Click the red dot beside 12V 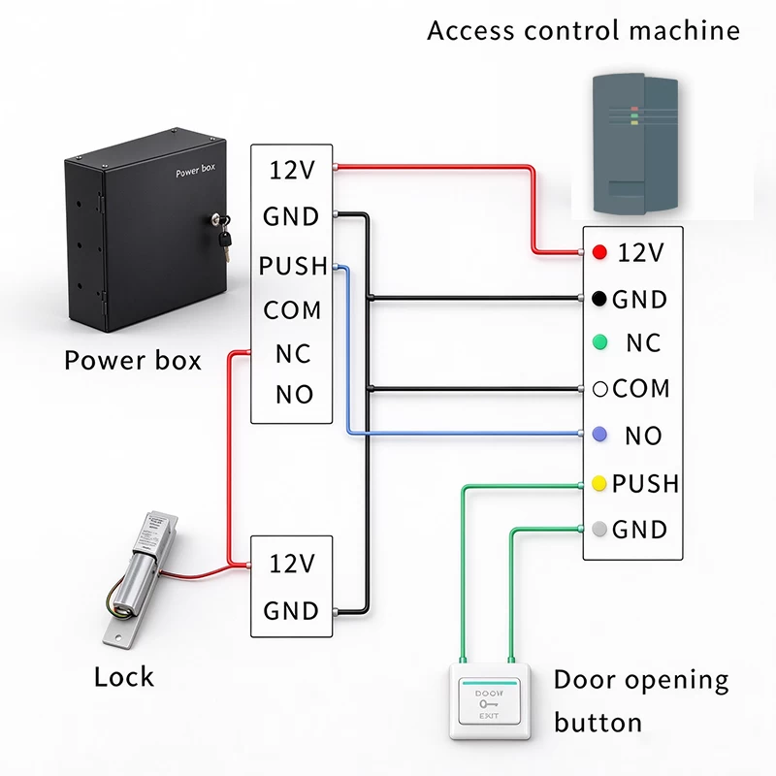[x=599, y=252]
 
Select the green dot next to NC [x=599, y=342]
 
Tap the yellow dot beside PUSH [x=599, y=483]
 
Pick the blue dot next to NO [x=599, y=435]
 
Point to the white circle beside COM [x=599, y=389]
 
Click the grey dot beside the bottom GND [x=599, y=529]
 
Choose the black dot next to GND [x=599, y=299]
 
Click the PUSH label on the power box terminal [x=293, y=266]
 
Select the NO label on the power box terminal [x=295, y=395]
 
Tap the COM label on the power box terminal [x=292, y=310]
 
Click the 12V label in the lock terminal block [x=292, y=564]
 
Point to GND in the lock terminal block [x=291, y=611]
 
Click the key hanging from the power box [x=224, y=239]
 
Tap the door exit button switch [x=490, y=701]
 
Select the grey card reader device [x=635, y=145]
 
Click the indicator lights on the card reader [x=634, y=115]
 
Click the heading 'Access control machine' [x=584, y=30]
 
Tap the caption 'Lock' [x=124, y=676]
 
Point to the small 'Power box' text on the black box [x=196, y=170]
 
